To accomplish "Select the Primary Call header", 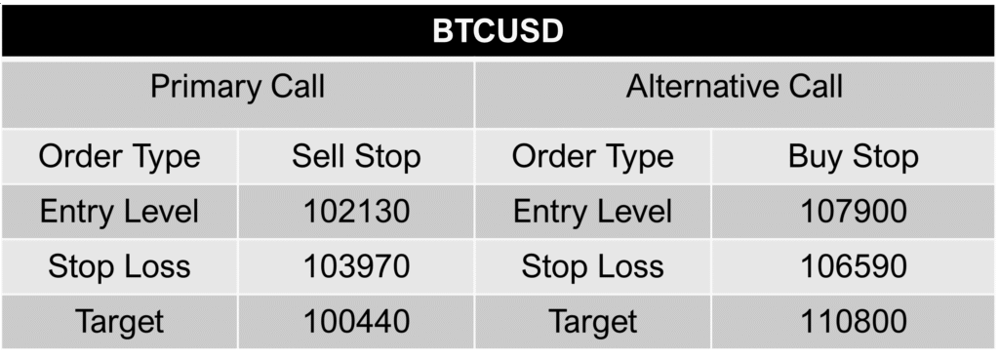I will pos(237,88).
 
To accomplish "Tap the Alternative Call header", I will pos(735,88).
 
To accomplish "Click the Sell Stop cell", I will pos(356,156).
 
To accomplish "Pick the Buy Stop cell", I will pos(854,156).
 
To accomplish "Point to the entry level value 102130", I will pos(356,211).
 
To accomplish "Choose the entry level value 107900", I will pos(854,211).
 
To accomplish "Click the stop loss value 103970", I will pos(356,266).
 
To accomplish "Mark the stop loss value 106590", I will pos(854,266).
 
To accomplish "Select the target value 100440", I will pos(356,321).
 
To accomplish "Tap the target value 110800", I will pos(854,321).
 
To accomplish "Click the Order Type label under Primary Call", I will pos(119,156).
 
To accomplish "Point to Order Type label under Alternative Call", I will pos(592,156).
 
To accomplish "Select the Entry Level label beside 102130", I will pos(119,211).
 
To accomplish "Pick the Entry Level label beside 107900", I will pos(592,211).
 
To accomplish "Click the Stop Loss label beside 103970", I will pos(119,266).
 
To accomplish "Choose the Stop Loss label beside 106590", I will pos(592,266).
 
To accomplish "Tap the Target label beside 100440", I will pos(119,321).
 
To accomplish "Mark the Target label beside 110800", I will pos(592,321).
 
